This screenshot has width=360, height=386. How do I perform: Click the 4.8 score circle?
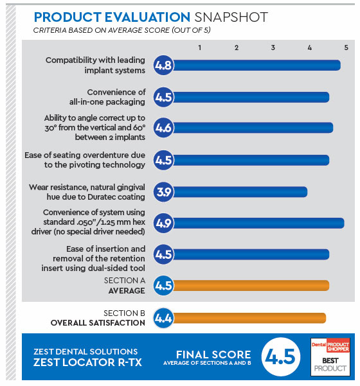click(163, 66)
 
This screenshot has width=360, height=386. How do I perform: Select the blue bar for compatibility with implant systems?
click(256, 66)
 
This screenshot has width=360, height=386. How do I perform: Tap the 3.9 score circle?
click(163, 192)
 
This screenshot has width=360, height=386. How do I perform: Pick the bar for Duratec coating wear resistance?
click(240, 192)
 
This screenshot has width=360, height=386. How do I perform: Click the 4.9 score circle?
click(163, 223)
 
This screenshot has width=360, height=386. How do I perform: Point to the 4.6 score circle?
click(163, 128)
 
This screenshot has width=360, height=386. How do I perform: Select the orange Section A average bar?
click(251, 286)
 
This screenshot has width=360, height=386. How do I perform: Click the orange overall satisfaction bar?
click(249, 318)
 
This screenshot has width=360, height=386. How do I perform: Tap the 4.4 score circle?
click(163, 318)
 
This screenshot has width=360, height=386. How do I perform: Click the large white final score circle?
click(281, 356)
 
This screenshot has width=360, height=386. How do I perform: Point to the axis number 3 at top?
click(273, 48)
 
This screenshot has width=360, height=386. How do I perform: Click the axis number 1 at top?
click(199, 48)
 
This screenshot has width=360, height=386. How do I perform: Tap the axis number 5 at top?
click(346, 48)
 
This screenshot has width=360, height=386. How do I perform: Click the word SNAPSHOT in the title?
click(231, 17)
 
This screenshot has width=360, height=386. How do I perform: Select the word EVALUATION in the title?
click(147, 17)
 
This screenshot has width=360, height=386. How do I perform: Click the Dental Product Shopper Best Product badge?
click(330, 356)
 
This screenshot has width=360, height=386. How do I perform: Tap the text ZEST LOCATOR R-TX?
click(87, 362)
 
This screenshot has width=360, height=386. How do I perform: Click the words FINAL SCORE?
click(213, 355)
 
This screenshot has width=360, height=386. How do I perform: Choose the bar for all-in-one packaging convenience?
click(251, 97)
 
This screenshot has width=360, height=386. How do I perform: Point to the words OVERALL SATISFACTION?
click(98, 322)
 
